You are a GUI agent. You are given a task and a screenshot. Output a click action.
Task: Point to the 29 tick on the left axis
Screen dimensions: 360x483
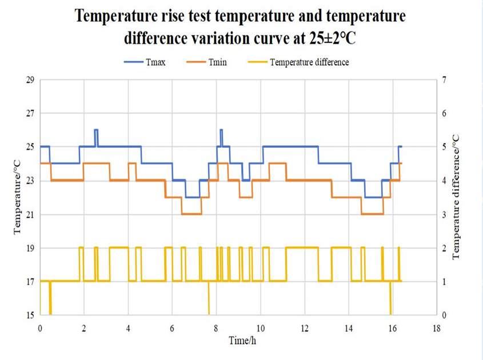click(30, 79)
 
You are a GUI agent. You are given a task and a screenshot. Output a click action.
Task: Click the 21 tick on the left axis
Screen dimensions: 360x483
click(30, 214)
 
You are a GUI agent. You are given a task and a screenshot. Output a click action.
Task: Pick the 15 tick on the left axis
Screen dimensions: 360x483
click(30, 315)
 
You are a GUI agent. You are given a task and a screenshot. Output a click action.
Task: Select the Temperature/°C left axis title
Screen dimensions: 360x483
click(18, 197)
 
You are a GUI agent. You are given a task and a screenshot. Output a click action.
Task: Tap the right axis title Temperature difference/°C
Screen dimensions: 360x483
click(457, 197)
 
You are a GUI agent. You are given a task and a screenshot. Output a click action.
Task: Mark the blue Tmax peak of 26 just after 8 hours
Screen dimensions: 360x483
click(221, 130)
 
